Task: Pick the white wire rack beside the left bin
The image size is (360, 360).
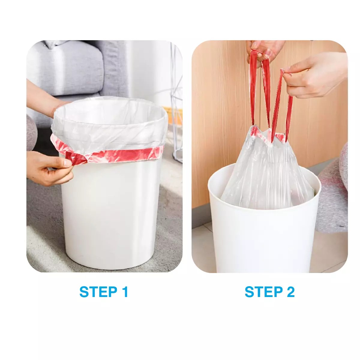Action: tap(176, 105)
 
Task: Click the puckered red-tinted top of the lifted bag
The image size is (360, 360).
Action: tap(269, 135)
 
